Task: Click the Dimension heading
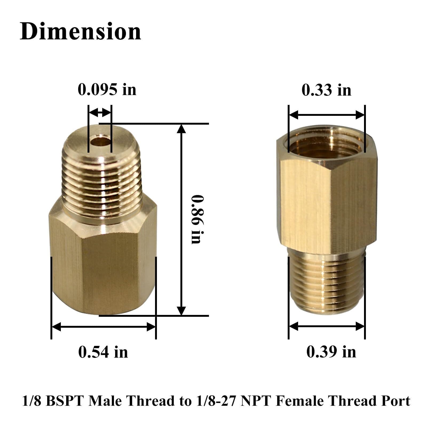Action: (80, 31)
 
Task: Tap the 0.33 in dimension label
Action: (326, 90)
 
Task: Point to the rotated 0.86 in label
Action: (198, 219)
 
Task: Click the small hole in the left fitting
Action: (100, 141)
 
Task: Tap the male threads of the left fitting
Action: (101, 181)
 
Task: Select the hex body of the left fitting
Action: (103, 262)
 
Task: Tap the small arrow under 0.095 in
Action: (100, 112)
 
